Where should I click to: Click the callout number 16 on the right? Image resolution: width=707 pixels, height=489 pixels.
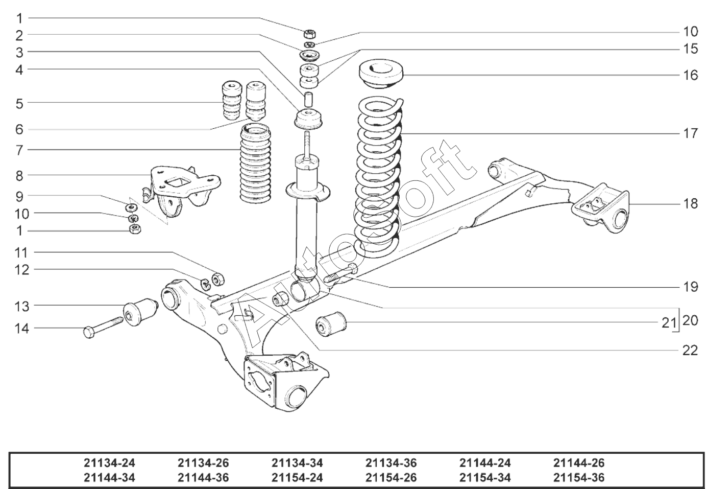click(x=691, y=75)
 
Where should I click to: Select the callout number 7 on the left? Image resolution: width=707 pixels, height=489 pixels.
click(x=19, y=150)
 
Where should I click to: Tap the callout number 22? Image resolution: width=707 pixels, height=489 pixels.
click(x=690, y=351)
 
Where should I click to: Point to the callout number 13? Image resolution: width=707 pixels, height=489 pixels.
click(x=22, y=307)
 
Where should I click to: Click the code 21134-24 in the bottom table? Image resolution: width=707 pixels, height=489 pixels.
click(x=109, y=463)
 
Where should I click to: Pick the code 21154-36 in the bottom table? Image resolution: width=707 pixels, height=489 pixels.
click(x=578, y=478)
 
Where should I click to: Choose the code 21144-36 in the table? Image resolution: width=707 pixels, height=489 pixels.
click(x=203, y=478)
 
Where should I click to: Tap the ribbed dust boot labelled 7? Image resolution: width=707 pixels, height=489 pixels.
click(x=256, y=164)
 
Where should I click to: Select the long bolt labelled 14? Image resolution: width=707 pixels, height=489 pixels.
click(x=103, y=328)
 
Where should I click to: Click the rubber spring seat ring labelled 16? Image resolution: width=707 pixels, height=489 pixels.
click(x=381, y=76)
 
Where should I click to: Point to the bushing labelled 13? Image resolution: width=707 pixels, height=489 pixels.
click(x=140, y=312)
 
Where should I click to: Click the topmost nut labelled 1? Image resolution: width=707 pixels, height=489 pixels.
click(x=310, y=34)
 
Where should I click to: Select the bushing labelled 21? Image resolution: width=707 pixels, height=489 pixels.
click(x=331, y=324)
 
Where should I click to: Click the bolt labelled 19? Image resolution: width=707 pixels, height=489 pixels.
click(x=341, y=273)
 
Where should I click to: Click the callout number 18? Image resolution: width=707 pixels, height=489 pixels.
click(x=691, y=204)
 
